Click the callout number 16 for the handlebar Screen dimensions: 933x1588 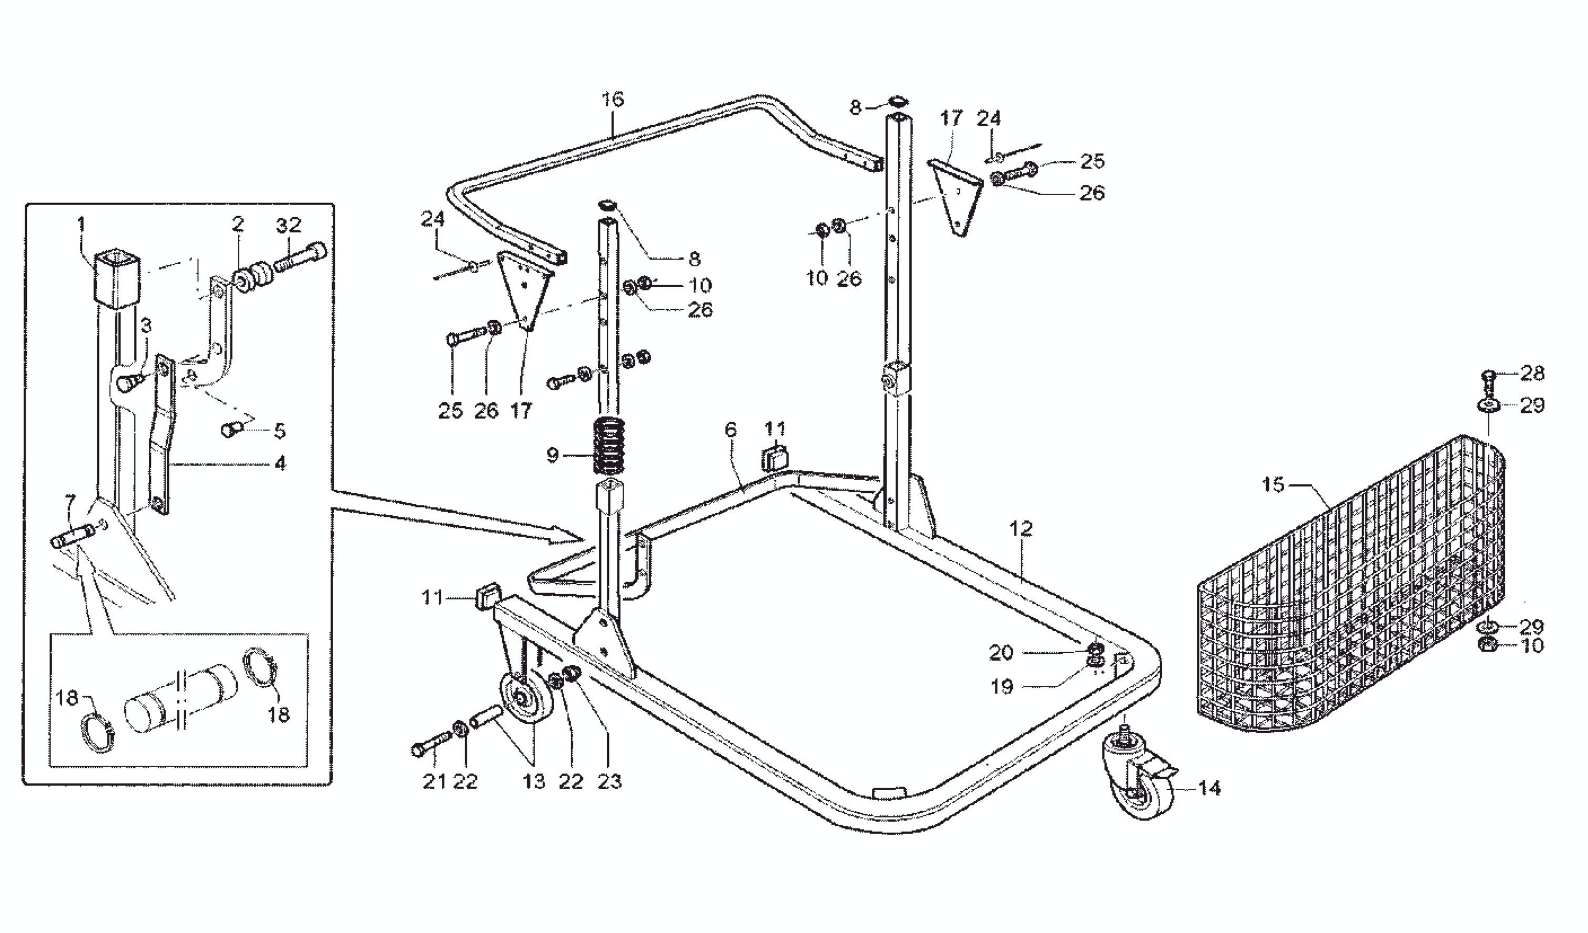612,99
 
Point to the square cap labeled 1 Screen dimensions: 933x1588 116,277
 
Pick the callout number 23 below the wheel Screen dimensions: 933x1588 609,781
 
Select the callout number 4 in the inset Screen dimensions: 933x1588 280,464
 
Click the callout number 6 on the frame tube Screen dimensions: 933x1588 730,429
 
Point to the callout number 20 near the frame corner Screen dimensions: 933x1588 1001,653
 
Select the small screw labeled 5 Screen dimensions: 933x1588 231,429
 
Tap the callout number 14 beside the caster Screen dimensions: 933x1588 1209,788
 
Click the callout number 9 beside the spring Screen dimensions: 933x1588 553,455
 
